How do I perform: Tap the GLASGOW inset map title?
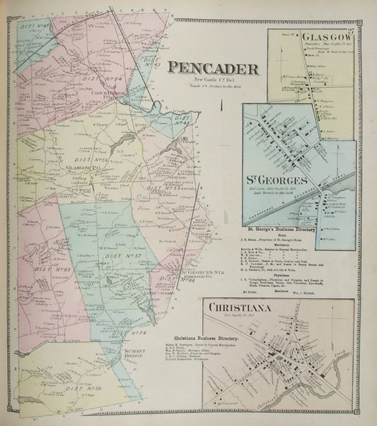pos(325,37)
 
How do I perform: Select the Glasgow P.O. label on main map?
pos(79,169)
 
